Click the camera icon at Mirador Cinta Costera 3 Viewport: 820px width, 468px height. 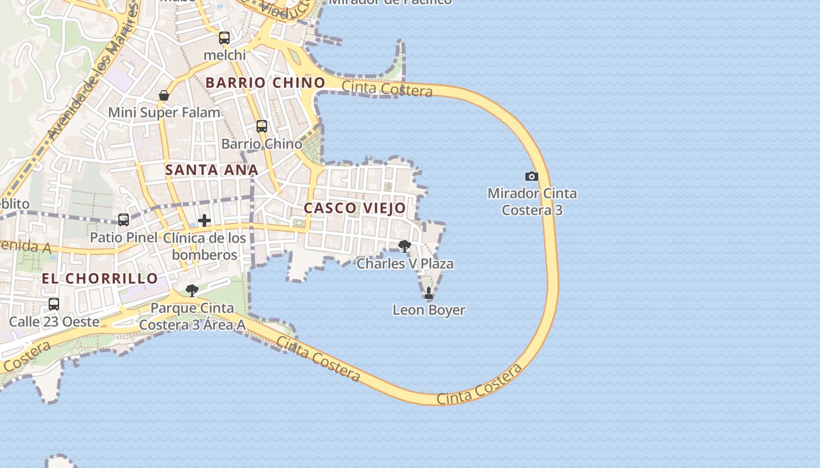coord(531,176)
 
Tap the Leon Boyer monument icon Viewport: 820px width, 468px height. coord(429,293)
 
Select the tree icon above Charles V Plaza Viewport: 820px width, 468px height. coord(404,246)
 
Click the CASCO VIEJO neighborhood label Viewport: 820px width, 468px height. coord(354,208)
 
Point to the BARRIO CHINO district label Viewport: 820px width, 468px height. coord(265,83)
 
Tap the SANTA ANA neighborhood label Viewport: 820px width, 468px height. coord(211,170)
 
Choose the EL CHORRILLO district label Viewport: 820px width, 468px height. coord(100,278)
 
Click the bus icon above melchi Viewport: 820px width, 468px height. coord(224,39)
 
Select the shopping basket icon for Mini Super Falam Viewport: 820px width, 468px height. coord(164,95)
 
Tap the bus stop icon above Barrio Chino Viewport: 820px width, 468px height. coord(262,126)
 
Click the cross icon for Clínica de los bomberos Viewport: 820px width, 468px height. coord(204,221)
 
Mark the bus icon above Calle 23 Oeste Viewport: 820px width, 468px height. coord(54,304)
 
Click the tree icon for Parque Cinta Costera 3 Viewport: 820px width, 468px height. coord(192,291)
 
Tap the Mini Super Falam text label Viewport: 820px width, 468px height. coord(164,112)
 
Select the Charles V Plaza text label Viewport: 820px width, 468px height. coord(405,264)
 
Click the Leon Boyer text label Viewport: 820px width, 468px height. coord(429,310)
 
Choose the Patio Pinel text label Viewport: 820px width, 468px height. coord(123,238)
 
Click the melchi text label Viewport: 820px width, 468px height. coord(224,55)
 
